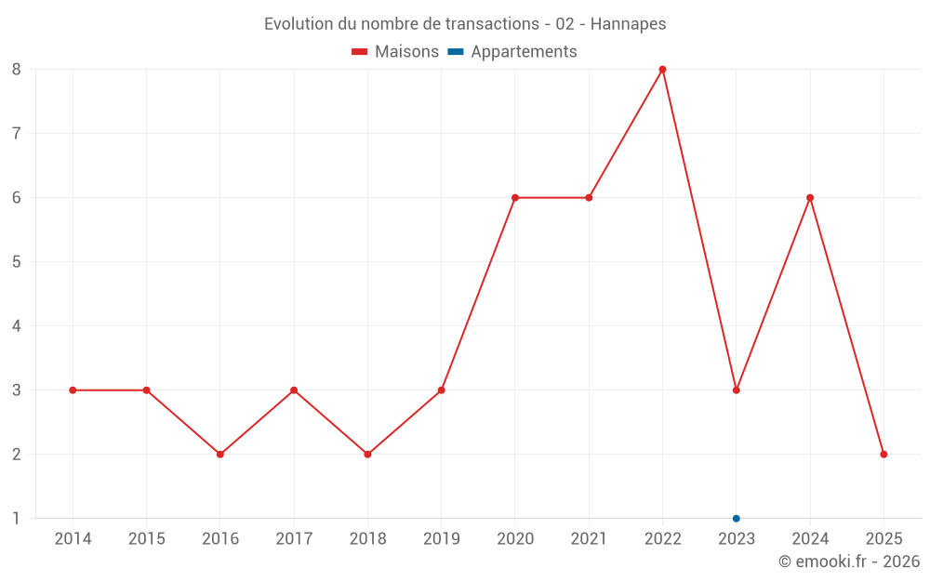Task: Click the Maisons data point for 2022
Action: pyautogui.click(x=662, y=70)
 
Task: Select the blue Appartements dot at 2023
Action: pyautogui.click(x=737, y=519)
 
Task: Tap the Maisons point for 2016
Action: pyautogui.click(x=220, y=455)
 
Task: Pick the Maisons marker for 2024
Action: pyautogui.click(x=810, y=198)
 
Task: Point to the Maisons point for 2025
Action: pyautogui.click(x=883, y=455)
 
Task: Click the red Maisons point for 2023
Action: pyautogui.click(x=737, y=390)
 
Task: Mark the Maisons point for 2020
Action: pyautogui.click(x=515, y=198)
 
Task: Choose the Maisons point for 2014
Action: pyautogui.click(x=73, y=390)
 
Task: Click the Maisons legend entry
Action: pyautogui.click(x=395, y=52)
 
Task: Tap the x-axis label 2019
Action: pyautogui.click(x=442, y=539)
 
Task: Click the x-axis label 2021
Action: pyautogui.click(x=589, y=539)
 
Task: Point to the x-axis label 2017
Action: pyautogui.click(x=294, y=539)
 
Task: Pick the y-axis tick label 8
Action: pyautogui.click(x=17, y=70)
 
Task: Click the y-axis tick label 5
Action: pyautogui.click(x=17, y=262)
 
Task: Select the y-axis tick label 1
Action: pyautogui.click(x=17, y=519)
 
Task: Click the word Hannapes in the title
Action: pyautogui.click(x=630, y=24)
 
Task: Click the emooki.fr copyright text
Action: pyautogui.click(x=849, y=561)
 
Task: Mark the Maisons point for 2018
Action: pyautogui.click(x=367, y=455)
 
